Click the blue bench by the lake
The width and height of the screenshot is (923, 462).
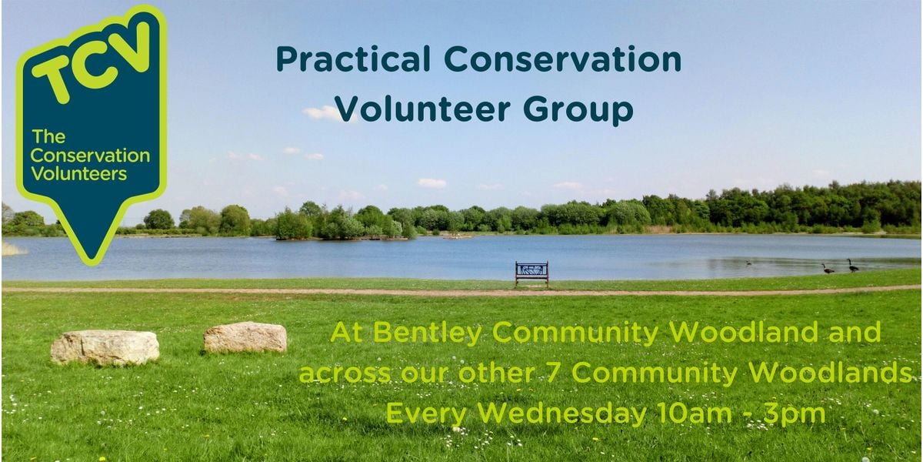click(x=531, y=273)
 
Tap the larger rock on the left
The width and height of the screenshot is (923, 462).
click(x=105, y=348)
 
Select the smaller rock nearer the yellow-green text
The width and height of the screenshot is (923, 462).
click(x=245, y=337)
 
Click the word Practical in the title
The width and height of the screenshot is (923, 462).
click(x=353, y=60)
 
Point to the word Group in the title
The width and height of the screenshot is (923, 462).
click(x=578, y=112)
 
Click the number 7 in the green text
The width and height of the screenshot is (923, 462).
click(x=555, y=373)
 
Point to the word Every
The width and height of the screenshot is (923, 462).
click(x=426, y=414)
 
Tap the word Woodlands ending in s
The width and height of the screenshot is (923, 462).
click(x=829, y=372)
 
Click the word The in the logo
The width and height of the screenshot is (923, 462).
click(x=48, y=137)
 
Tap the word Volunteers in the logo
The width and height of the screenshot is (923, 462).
click(x=78, y=174)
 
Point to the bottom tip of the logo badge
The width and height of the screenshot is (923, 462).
click(x=91, y=264)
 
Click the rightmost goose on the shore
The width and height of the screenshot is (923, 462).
click(x=852, y=266)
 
